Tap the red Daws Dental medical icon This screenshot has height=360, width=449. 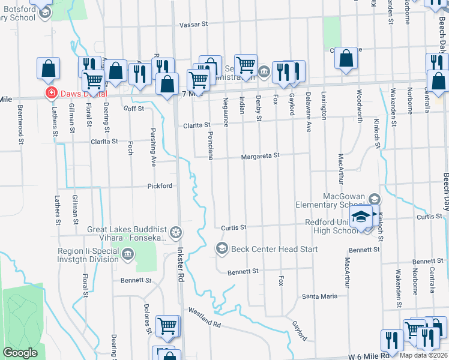pos(52,93)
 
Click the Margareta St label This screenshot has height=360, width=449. pos(261,156)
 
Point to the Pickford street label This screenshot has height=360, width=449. pos(160,187)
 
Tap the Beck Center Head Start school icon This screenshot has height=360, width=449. pos(221,248)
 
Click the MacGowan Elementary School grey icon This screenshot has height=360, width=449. pos(375,199)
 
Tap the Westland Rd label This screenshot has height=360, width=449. pos(205,317)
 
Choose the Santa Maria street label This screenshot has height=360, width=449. pos(320,296)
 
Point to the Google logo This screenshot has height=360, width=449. pos(20,353)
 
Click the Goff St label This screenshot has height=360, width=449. pos(134,109)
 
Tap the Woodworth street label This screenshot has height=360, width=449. pos(360,106)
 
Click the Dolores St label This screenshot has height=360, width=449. pos(148,322)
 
